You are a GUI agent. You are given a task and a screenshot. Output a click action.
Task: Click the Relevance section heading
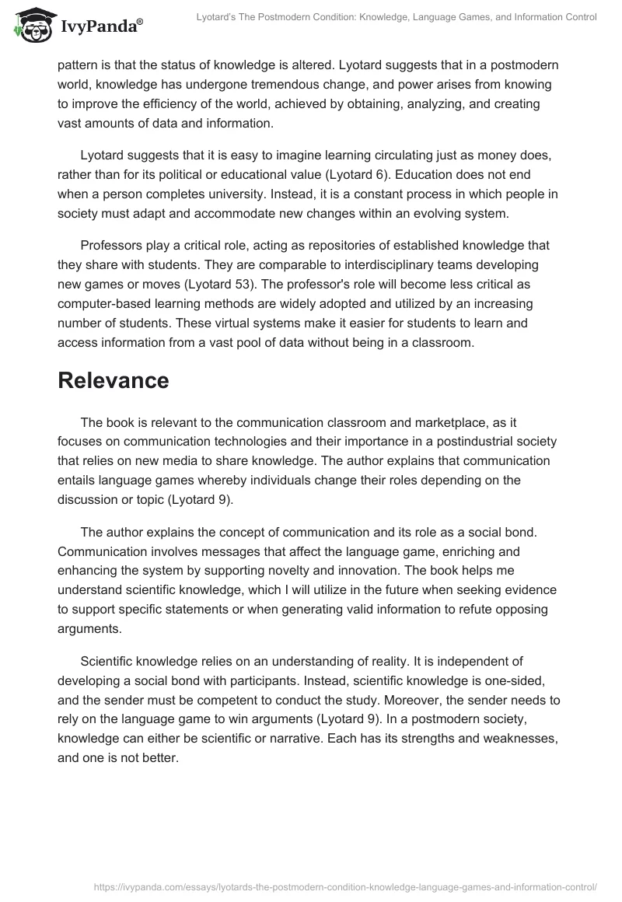[113, 380]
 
